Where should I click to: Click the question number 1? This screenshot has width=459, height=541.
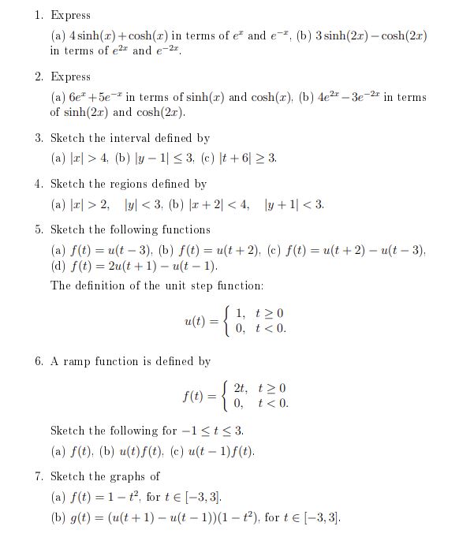pyautogui.click(x=38, y=16)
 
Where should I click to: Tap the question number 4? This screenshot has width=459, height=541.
pyautogui.click(x=38, y=184)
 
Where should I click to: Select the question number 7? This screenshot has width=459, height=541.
pyautogui.click(x=38, y=476)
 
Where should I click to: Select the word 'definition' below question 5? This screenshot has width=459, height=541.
pyautogui.click(x=108, y=285)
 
